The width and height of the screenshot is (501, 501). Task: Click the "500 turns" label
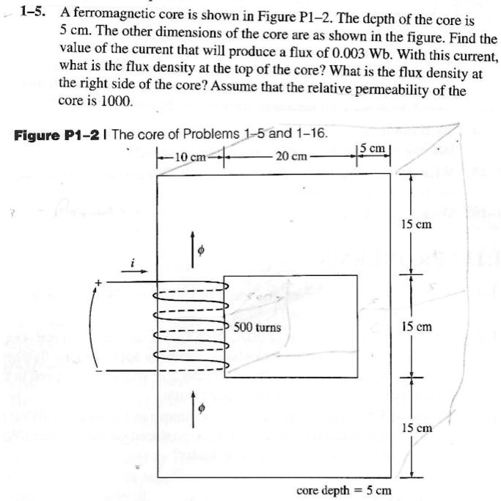click(257, 326)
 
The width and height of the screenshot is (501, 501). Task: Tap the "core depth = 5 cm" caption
click(343, 489)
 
